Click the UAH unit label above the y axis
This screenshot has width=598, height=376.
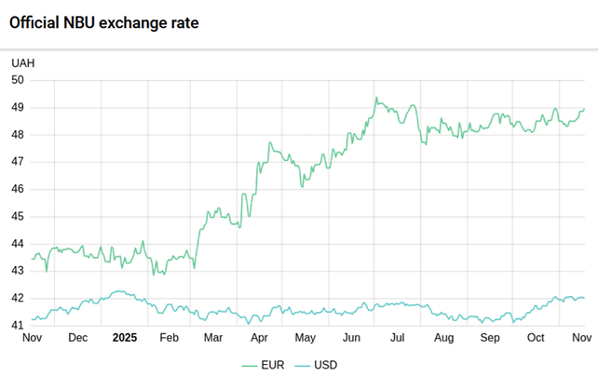pyautogui.click(x=23, y=62)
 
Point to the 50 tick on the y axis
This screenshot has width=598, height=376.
pyautogui.click(x=18, y=80)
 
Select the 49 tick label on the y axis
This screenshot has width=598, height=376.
pyautogui.click(x=18, y=107)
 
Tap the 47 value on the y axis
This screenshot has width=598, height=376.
pyautogui.click(x=18, y=162)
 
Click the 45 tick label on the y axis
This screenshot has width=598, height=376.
pyautogui.click(x=18, y=217)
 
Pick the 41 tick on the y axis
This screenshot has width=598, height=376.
pyautogui.click(x=18, y=326)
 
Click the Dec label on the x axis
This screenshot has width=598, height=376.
pyautogui.click(x=78, y=338)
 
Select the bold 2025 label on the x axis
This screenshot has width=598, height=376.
pyautogui.click(x=124, y=338)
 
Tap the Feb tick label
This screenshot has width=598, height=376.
pyautogui.click(x=169, y=338)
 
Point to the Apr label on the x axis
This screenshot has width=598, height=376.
pyautogui.click(x=260, y=338)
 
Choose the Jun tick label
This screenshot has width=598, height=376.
pyautogui.click(x=352, y=338)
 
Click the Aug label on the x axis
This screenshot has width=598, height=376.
pyautogui.click(x=443, y=338)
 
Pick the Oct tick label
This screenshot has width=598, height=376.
pyautogui.click(x=536, y=338)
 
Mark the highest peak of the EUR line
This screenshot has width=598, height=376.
pyautogui.click(x=376, y=98)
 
